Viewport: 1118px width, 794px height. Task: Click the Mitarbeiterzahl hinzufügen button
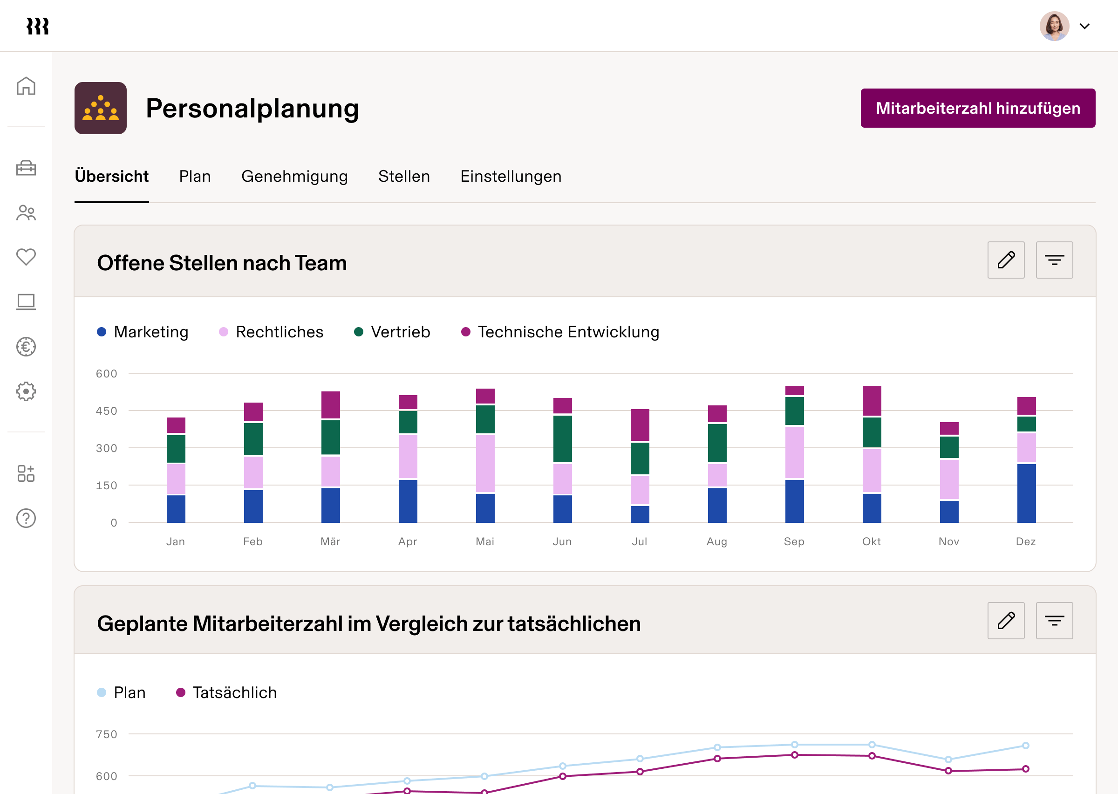point(977,108)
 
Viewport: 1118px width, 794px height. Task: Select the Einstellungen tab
point(511,176)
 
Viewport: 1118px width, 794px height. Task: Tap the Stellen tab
point(403,176)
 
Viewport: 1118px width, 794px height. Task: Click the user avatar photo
point(1054,26)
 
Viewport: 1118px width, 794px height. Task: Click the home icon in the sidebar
point(26,86)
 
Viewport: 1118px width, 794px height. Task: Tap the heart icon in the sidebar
point(26,257)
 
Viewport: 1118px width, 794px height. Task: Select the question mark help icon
point(26,518)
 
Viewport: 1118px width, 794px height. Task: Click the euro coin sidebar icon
point(26,347)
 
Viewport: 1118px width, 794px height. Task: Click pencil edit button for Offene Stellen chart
point(1006,260)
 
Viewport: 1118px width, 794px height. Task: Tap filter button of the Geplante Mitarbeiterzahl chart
point(1054,621)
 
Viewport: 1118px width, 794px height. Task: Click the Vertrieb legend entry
point(392,332)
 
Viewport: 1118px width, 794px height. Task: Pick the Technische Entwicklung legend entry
point(560,332)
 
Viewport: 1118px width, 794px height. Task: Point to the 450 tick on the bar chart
point(107,411)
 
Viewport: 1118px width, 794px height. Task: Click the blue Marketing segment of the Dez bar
point(1026,493)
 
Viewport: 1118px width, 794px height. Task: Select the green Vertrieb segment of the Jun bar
point(562,438)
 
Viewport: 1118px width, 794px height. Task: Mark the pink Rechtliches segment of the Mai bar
point(485,463)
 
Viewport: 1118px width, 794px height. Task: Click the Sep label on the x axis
point(793,541)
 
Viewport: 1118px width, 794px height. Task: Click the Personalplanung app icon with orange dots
point(101,108)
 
